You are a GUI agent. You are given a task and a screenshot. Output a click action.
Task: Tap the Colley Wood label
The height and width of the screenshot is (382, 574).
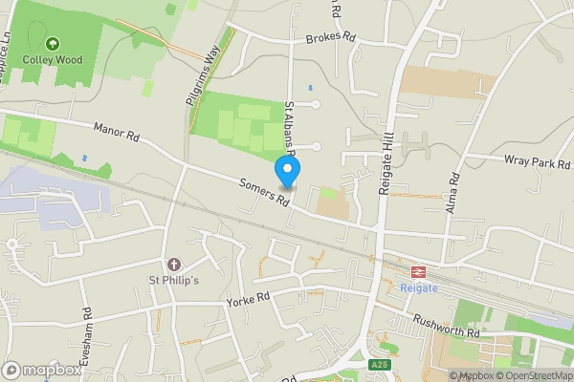coord(53,60)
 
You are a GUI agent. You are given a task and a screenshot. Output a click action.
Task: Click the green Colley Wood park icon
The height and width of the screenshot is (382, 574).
coord(53,43)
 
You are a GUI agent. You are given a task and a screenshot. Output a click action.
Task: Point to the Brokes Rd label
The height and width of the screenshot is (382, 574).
coord(330,39)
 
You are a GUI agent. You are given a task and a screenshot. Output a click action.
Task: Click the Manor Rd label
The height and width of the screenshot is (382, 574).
coord(117,133)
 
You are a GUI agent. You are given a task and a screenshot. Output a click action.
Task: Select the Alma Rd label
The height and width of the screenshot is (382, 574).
coord(453,191)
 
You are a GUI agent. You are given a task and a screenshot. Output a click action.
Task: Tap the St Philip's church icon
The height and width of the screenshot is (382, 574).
coord(173,264)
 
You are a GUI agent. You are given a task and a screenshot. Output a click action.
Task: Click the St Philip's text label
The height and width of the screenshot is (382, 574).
coord(172,281)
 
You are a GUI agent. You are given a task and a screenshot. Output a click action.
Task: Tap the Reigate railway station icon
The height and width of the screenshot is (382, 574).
coord(418,270)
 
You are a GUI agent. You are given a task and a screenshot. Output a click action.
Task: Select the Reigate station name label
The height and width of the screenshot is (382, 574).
coord(418,287)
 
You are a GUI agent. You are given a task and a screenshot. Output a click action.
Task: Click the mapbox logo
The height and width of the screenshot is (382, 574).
coord(42,370)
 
